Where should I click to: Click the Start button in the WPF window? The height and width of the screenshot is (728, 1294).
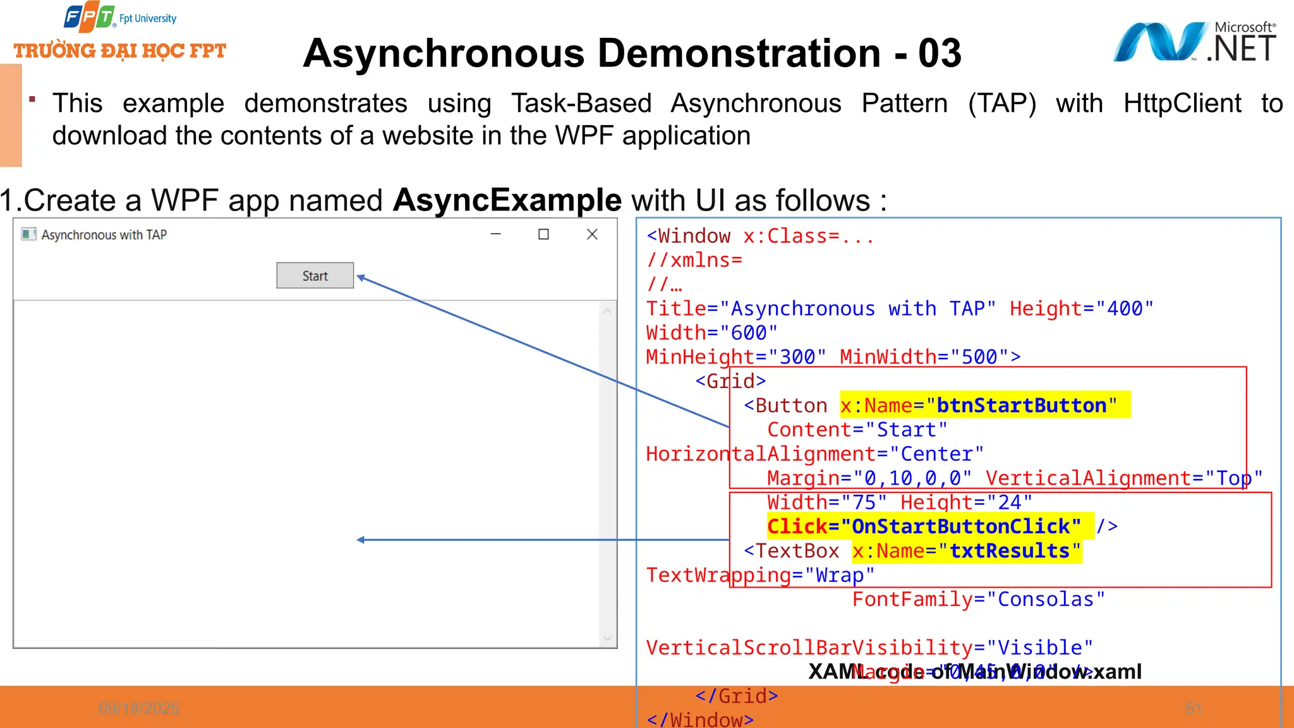tap(315, 276)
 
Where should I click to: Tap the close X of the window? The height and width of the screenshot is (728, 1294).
tap(592, 234)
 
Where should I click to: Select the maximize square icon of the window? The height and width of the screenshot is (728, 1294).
tap(543, 234)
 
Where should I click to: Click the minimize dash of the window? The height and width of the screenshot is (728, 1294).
tap(496, 234)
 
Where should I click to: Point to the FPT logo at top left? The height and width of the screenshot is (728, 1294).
tap(89, 18)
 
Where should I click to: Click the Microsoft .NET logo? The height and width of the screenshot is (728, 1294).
tap(1194, 43)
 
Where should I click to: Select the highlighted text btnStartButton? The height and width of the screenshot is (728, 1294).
tap(1021, 405)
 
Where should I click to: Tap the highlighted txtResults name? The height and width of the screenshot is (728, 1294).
tap(1010, 551)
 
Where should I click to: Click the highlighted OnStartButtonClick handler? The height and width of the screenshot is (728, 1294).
tap(960, 526)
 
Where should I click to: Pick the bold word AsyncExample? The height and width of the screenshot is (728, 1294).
tap(507, 200)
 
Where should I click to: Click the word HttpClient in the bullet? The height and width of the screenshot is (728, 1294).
tap(1182, 103)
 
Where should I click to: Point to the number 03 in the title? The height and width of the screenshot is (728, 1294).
tap(940, 53)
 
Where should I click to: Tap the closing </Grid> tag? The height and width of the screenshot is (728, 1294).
tap(737, 696)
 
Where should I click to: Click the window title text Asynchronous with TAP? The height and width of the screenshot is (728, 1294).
tap(104, 235)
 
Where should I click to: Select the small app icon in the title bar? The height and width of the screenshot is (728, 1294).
tap(28, 234)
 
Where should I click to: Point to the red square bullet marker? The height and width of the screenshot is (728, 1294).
tap(32, 99)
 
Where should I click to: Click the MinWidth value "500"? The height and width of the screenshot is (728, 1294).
tap(979, 357)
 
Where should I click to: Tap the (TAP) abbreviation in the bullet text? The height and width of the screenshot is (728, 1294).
tap(1002, 103)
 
